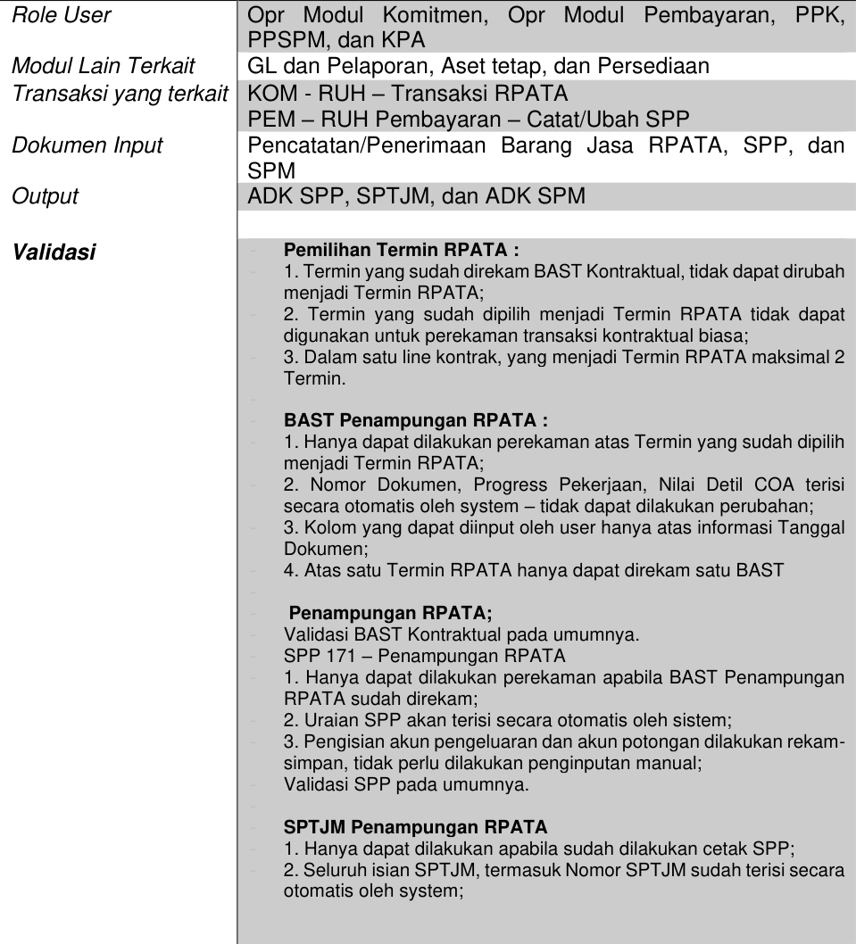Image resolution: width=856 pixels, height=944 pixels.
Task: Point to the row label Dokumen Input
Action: click(87, 145)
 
